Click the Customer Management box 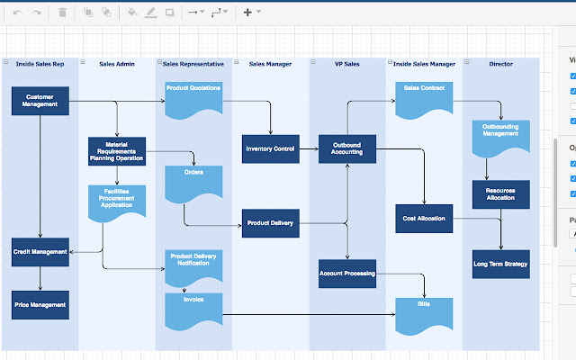click(40, 100)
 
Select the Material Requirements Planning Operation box click(116, 151)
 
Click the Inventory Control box click(270, 148)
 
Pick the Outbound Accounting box click(346, 148)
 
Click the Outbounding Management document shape click(500, 137)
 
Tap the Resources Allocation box click(500, 193)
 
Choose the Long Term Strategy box click(500, 265)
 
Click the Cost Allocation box click(424, 218)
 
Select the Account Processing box click(346, 274)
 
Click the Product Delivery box click(270, 223)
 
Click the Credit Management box click(40, 252)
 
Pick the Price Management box click(40, 305)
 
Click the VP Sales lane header click(346, 64)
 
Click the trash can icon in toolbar click(62, 13)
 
